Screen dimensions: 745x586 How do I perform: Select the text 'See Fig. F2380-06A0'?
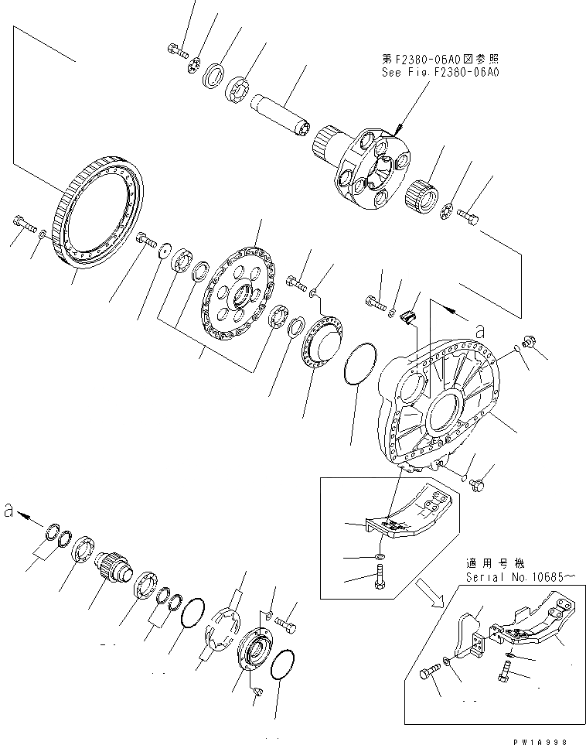(x=441, y=72)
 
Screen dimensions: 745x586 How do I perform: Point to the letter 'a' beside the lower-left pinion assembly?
(x=9, y=511)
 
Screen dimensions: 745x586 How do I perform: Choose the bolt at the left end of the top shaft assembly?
(x=175, y=51)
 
